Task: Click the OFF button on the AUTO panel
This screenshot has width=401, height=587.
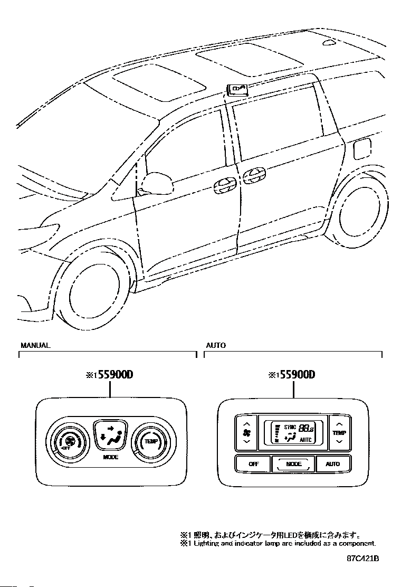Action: click(x=253, y=464)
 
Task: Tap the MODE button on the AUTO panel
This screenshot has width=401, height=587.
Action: click(x=293, y=464)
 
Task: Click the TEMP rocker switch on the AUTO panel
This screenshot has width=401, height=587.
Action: click(x=339, y=432)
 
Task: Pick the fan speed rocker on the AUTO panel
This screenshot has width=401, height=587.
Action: click(x=246, y=432)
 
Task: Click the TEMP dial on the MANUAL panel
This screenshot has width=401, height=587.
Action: click(x=151, y=441)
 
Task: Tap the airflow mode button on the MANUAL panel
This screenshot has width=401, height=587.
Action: click(x=110, y=435)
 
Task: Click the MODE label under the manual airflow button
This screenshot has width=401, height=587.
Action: click(x=110, y=457)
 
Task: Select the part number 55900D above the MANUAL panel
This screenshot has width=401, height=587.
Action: click(x=110, y=375)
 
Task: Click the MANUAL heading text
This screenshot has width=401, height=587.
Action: click(x=35, y=345)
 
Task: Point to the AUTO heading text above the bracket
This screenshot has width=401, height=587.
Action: click(x=216, y=345)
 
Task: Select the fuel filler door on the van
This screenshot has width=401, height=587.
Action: click(x=362, y=149)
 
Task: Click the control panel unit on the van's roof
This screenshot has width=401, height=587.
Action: click(x=237, y=89)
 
